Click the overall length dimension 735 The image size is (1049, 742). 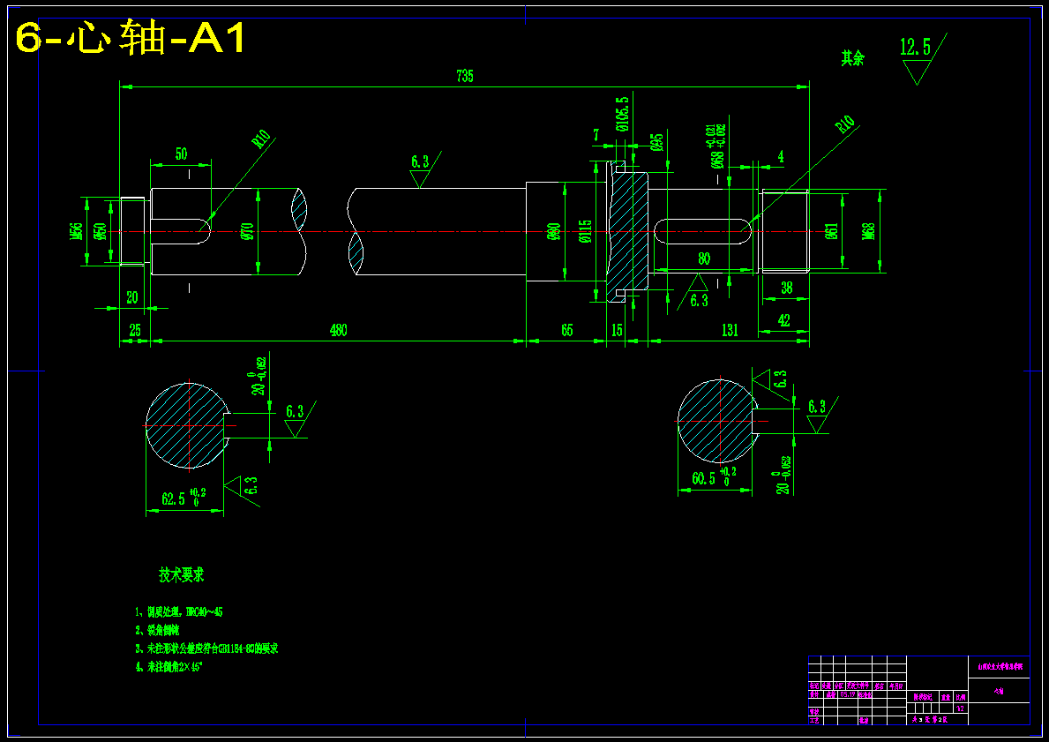(465, 77)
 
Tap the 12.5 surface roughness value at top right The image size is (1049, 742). (915, 48)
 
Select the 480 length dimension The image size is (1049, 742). (338, 331)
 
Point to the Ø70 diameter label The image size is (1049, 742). (248, 231)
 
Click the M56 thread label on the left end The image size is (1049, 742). (77, 232)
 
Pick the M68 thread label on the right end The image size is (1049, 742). (868, 231)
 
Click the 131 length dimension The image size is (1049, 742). (729, 331)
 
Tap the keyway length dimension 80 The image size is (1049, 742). (704, 259)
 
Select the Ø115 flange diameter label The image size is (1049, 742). (584, 231)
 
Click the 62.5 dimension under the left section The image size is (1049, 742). (174, 499)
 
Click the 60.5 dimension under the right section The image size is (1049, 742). (704, 479)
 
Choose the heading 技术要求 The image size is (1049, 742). (182, 575)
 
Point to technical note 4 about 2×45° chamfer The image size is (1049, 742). (169, 668)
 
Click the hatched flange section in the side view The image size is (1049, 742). (628, 231)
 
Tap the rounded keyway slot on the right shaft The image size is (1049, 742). (704, 232)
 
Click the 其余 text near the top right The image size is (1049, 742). (852, 59)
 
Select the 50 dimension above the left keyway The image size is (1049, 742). (181, 154)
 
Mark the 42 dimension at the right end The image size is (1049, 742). (784, 321)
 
